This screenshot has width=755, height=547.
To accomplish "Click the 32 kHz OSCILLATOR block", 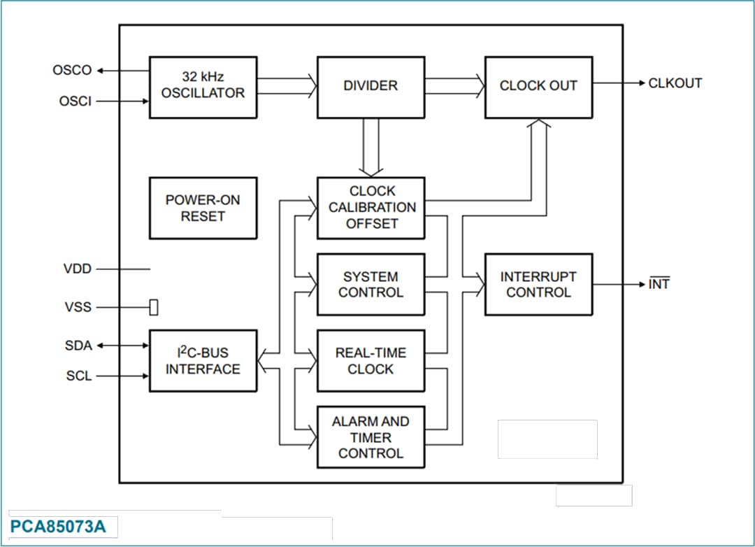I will (x=203, y=87).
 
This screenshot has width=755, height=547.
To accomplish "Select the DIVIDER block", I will (x=371, y=87).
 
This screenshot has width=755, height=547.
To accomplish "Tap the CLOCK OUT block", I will (x=538, y=87).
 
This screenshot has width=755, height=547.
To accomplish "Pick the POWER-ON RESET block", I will (x=203, y=208).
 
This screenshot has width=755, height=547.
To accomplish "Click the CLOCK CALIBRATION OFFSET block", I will (x=371, y=208).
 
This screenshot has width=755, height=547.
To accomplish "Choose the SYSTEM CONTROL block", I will (x=371, y=285).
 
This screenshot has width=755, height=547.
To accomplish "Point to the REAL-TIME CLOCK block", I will (x=371, y=361).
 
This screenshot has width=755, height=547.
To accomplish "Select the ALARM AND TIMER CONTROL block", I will (x=371, y=437).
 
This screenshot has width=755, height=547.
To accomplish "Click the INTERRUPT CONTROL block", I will (x=538, y=285).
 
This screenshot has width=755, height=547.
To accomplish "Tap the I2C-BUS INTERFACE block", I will (x=203, y=361).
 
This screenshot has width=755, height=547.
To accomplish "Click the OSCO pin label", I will (x=72, y=71).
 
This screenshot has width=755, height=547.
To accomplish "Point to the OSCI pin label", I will (x=75, y=101).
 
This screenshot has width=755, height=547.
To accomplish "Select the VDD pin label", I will (x=78, y=269).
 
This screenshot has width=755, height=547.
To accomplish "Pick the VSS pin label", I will (x=78, y=307).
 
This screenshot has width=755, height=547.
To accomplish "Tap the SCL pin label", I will (x=79, y=376).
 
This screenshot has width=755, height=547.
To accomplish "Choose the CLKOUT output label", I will (x=675, y=83).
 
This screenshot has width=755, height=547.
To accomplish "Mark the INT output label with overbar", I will (x=659, y=285).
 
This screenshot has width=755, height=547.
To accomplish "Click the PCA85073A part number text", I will (x=58, y=527).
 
